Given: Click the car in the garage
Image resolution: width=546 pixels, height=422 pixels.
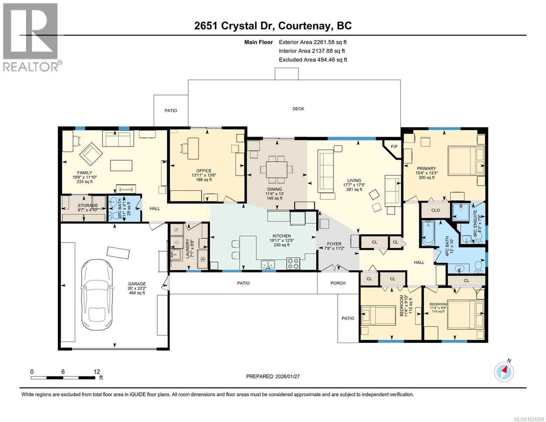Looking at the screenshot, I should click(97, 292).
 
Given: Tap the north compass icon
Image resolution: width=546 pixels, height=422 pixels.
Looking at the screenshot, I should click(504, 372).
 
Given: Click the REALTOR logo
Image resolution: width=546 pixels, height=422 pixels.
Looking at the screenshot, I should click(31, 37).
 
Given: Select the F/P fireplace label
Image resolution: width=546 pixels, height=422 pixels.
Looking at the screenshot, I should click(394, 146).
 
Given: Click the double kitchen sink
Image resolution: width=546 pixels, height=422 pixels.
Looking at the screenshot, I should click(269, 264).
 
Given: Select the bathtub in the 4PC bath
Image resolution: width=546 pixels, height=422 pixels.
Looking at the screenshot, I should click(428, 233).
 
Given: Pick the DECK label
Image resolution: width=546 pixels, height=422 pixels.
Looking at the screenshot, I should click(298, 109).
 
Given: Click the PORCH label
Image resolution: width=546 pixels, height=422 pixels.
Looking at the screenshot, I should click(338, 283).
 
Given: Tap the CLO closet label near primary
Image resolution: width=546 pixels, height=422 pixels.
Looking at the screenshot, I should click(435, 210).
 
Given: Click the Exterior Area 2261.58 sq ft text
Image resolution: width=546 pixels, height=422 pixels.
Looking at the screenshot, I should click(313, 42).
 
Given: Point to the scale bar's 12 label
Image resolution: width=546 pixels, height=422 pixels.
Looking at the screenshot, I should click(97, 372).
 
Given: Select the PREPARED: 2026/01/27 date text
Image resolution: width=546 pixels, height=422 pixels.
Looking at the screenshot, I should click(273, 376).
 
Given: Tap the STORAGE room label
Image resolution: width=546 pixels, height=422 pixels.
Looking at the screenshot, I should click(88, 205).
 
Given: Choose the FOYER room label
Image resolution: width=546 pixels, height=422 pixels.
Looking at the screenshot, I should click(334, 244).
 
